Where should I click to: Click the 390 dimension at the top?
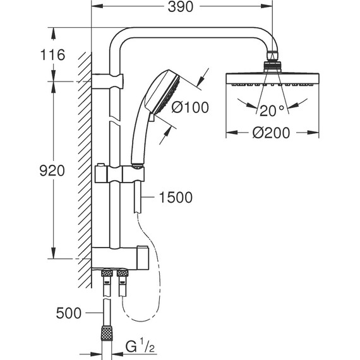click(x=181, y=7)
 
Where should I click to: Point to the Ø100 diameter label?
click(x=189, y=107)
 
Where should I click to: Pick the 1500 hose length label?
click(x=175, y=198)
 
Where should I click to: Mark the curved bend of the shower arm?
click(x=120, y=39)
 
